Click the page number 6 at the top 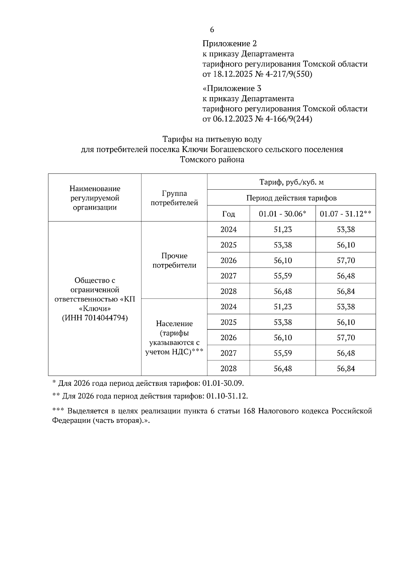point(212,30)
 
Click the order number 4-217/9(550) point(289,74)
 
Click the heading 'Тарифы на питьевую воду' point(212,139)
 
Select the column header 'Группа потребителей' point(174,198)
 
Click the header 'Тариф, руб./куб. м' point(291,182)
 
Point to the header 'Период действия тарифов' point(291,198)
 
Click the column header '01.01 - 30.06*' point(282,214)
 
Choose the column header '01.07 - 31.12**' point(346,214)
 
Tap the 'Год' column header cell point(228,214)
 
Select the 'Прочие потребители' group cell point(174,260)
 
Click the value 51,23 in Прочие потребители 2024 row point(282,229)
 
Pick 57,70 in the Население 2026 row point(346,337)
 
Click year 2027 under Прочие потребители point(228,276)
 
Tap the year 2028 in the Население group point(228,369)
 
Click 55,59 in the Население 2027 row point(282,353)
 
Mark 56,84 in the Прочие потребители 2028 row point(346,291)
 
